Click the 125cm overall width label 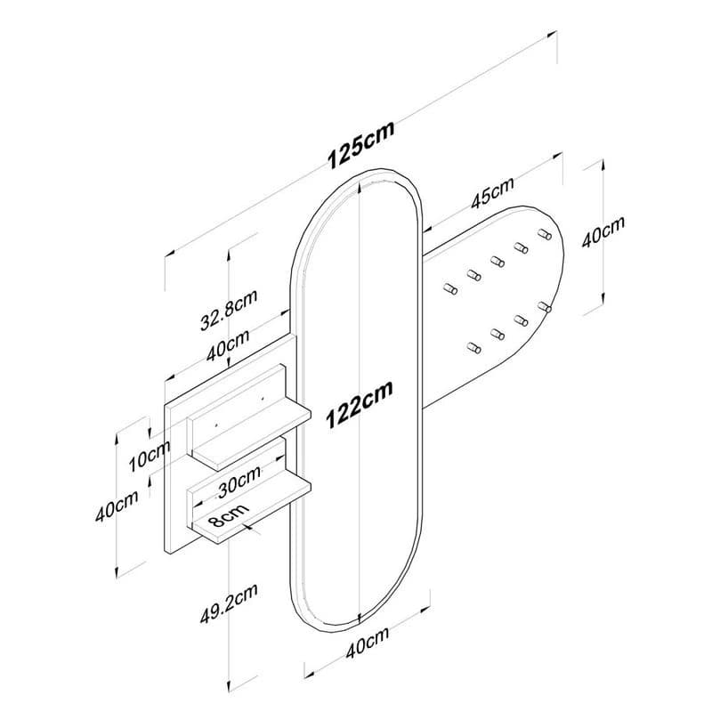[x=361, y=144]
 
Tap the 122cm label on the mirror [x=360, y=404]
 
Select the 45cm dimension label [x=492, y=192]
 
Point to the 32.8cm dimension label [x=230, y=309]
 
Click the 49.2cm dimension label [x=230, y=603]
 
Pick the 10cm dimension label [x=150, y=456]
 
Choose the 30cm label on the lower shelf [x=239, y=481]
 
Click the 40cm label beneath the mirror [x=368, y=643]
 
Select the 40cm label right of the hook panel [x=603, y=231]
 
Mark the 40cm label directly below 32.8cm [x=228, y=345]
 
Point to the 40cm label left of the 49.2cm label [x=117, y=506]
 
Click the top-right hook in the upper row [x=545, y=234]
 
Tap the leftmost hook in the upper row [x=450, y=288]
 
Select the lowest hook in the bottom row [x=474, y=348]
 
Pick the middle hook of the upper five [x=498, y=262]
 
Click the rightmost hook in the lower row [x=545, y=307]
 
